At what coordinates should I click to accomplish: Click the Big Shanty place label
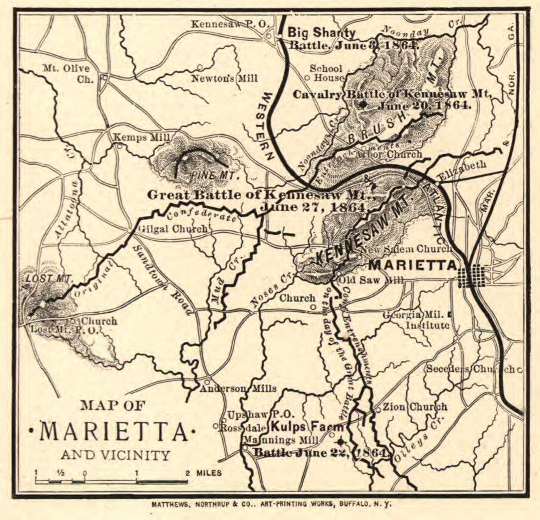coord(321,33)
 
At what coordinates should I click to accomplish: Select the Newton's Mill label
coord(224,78)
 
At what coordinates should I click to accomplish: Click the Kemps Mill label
coord(141,137)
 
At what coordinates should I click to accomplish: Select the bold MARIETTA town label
coord(412,265)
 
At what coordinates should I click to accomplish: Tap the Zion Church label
coord(414,407)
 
